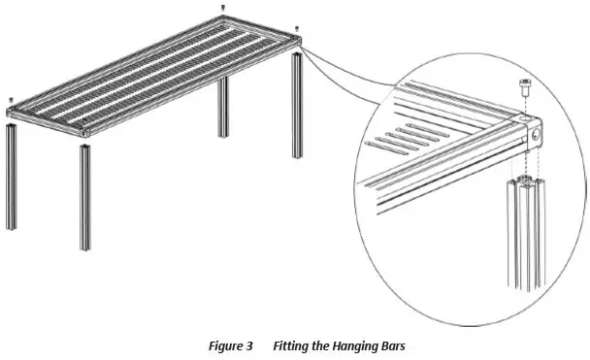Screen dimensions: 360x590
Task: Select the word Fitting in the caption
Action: coord(292,345)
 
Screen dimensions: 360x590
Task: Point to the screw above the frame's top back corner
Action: coord(224,8)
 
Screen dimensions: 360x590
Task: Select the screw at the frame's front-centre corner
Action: coord(85,121)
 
